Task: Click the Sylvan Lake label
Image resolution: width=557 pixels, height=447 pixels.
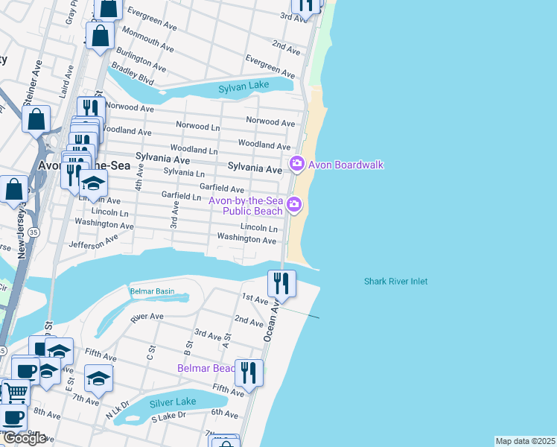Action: click(x=244, y=88)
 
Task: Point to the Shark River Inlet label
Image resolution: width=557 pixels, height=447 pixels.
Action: click(x=395, y=281)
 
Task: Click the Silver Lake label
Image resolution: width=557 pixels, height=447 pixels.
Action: click(x=172, y=402)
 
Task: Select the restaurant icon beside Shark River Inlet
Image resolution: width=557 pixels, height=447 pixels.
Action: click(x=281, y=282)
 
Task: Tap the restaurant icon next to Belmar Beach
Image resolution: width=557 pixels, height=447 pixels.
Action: click(x=249, y=372)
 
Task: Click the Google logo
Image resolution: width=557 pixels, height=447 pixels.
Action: click(x=25, y=438)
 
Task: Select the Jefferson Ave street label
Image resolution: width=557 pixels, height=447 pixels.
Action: click(x=93, y=242)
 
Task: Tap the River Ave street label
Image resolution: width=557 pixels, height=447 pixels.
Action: click(x=147, y=317)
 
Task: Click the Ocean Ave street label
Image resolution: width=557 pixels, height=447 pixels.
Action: click(x=270, y=320)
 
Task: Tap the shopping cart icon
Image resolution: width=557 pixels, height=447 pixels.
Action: click(x=16, y=392)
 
